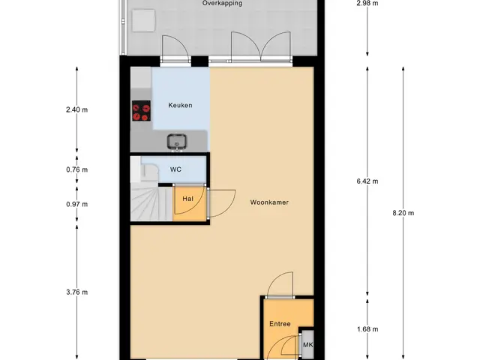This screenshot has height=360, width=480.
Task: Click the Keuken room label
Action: [x=180, y=105]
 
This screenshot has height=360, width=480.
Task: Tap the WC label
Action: [x=175, y=169]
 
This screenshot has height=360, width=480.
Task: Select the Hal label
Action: [x=187, y=199]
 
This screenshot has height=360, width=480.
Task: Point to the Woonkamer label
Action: [x=269, y=202]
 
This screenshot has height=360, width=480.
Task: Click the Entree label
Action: [x=280, y=324]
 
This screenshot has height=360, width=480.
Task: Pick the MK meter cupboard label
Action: [x=307, y=345]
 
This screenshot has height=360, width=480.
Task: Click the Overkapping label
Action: [x=222, y=3]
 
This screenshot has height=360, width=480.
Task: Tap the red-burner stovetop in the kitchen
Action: [x=141, y=110]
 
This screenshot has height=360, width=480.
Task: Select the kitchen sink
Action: [x=177, y=142]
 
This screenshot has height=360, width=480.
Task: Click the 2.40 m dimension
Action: [x=76, y=109]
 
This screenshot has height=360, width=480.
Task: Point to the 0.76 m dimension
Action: [x=76, y=169]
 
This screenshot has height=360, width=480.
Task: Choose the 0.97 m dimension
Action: [x=76, y=204]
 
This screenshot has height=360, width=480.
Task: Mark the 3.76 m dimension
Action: [x=76, y=292]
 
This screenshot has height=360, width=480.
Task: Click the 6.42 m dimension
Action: [x=367, y=181]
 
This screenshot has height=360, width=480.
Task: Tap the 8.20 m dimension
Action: [x=403, y=213]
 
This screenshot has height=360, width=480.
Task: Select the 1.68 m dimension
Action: [x=367, y=329]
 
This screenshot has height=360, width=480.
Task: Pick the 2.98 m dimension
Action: [x=367, y=4]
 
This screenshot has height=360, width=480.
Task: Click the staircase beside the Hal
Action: [x=151, y=202]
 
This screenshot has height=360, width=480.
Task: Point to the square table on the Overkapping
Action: [x=143, y=20]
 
